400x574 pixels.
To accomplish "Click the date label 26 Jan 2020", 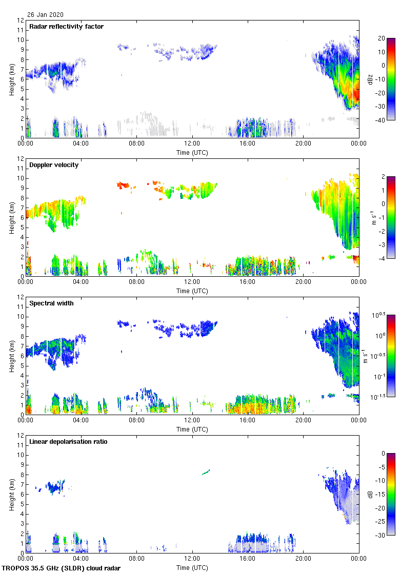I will click(46, 15).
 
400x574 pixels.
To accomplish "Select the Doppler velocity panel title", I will click(53, 165).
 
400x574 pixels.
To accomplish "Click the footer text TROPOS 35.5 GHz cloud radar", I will click(62, 568).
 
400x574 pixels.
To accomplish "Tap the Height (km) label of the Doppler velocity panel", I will click(11, 217).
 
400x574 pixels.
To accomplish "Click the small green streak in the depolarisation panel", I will click(206, 471).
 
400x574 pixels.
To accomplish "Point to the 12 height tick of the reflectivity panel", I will click(21, 20).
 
